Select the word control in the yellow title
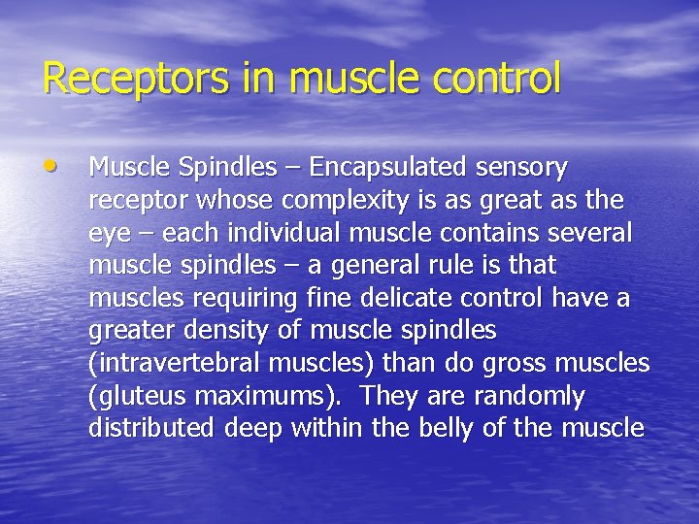click(x=497, y=79)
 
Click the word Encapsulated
click(x=388, y=168)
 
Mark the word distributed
click(x=150, y=429)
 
